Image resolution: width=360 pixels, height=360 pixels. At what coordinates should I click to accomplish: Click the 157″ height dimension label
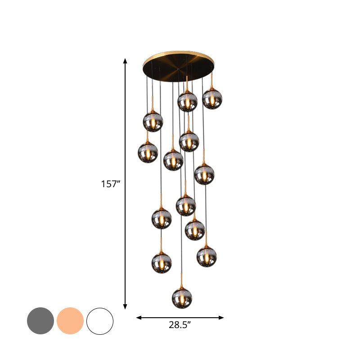[111, 184]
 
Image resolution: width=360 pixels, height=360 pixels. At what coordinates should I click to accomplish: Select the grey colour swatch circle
[40, 321]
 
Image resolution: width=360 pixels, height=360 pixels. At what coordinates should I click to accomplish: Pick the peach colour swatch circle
[70, 321]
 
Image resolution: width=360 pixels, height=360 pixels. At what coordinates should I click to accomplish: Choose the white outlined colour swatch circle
[100, 321]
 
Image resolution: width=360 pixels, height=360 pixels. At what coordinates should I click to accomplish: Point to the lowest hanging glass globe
[182, 298]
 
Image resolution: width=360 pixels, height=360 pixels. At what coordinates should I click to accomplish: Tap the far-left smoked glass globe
[148, 153]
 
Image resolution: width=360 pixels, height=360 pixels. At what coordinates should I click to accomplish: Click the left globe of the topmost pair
[187, 102]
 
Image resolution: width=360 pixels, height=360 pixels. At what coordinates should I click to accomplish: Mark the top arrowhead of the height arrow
[126, 61]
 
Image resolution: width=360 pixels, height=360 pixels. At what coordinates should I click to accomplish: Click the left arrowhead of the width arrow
[139, 318]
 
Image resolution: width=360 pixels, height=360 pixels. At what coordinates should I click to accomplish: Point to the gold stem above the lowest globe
[182, 280]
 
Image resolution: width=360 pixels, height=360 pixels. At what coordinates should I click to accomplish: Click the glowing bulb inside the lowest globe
[182, 299]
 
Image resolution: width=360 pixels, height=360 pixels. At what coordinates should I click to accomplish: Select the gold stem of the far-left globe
[148, 136]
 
